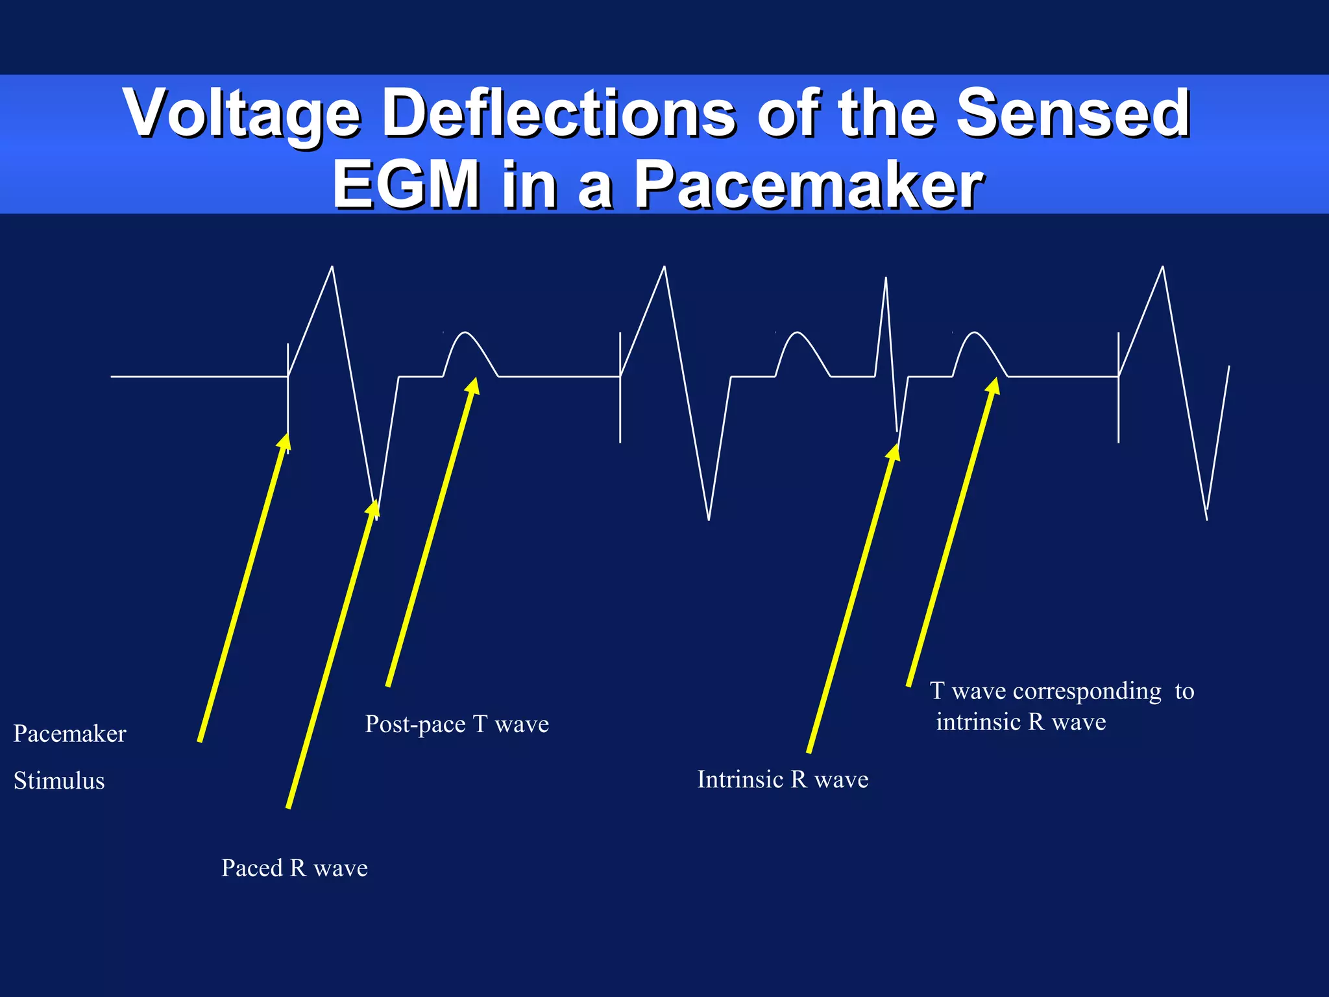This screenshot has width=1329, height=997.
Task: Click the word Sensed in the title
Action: click(1073, 114)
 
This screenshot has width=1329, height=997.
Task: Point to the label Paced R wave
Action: click(295, 868)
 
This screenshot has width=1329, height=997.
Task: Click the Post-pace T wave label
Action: click(457, 724)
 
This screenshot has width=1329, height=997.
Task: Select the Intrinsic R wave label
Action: click(783, 780)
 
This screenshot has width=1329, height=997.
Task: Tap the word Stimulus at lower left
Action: click(59, 780)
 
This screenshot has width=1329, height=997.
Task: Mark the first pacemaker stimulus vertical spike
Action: click(288, 396)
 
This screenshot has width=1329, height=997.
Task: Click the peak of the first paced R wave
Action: click(332, 267)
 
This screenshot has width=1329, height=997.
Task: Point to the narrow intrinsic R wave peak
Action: click(886, 279)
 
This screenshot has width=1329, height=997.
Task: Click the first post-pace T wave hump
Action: click(466, 335)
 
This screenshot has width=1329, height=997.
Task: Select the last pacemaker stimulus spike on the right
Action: click(1119, 389)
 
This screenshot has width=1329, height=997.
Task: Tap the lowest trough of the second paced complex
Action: click(709, 518)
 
